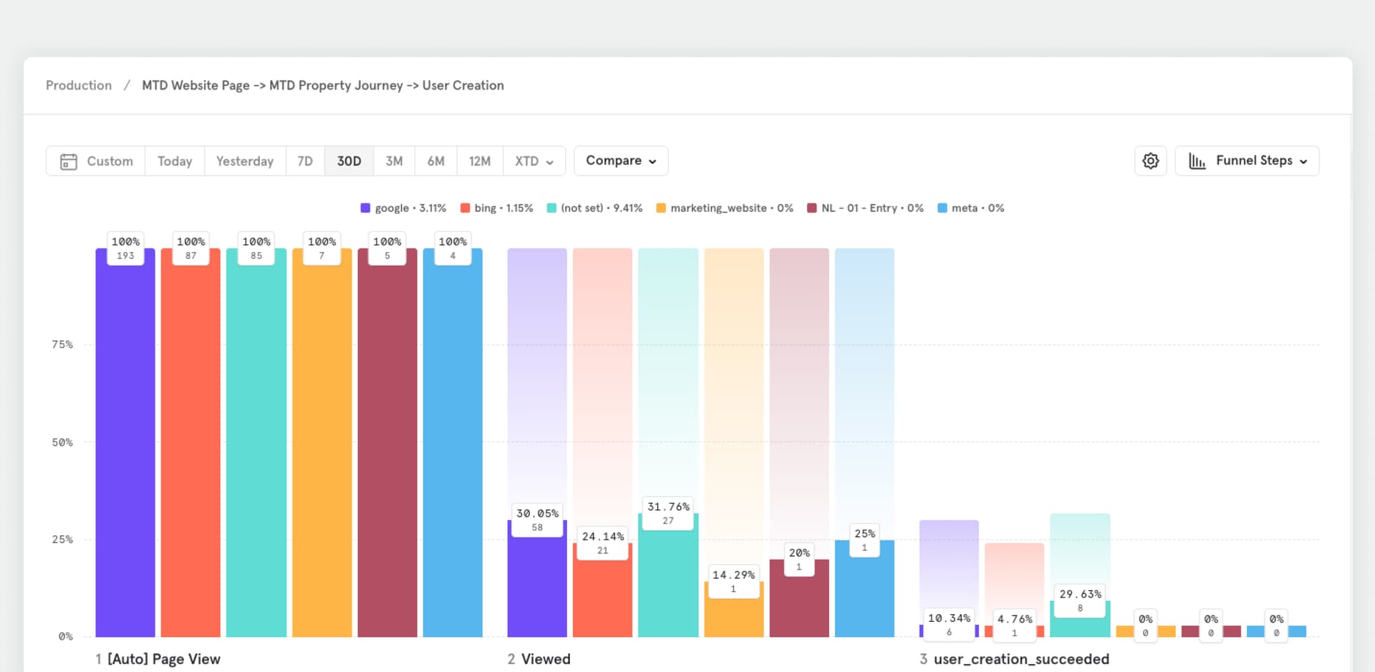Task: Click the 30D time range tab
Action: (x=349, y=161)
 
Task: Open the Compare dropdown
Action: (x=620, y=161)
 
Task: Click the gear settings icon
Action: (x=1150, y=161)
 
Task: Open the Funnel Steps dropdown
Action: (x=1247, y=161)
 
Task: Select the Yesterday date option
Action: (x=245, y=161)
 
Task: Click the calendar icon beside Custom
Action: (x=69, y=161)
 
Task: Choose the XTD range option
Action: (x=534, y=161)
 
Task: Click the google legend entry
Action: (x=403, y=208)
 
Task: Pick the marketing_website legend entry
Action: (x=724, y=208)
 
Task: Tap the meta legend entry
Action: (x=970, y=208)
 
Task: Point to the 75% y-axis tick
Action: (x=62, y=345)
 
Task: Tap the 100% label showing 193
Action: (x=125, y=248)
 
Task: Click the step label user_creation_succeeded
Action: (x=1021, y=659)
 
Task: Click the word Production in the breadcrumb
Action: (x=79, y=85)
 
